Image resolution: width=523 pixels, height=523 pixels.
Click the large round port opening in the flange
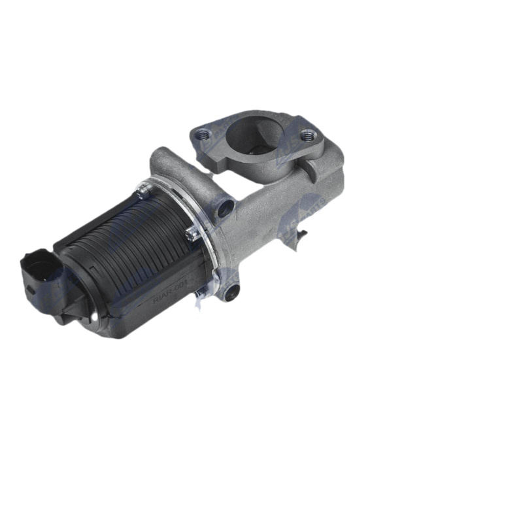click(256, 136)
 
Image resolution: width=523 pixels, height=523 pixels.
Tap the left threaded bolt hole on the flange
click(204, 135)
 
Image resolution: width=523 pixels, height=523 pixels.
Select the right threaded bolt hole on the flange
click(308, 136)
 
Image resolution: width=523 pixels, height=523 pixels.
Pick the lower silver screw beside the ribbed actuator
click(191, 234)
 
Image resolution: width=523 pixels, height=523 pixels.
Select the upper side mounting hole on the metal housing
click(226, 209)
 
